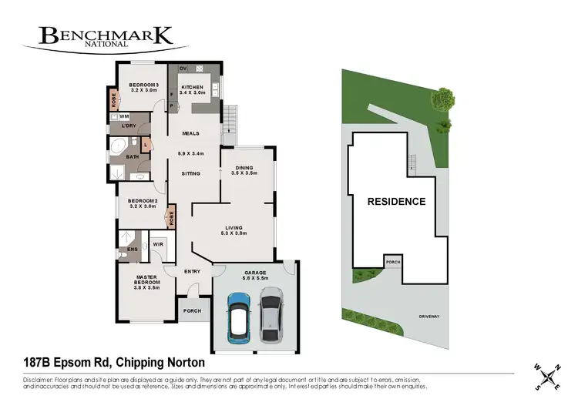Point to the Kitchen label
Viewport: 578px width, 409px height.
(x=192, y=88)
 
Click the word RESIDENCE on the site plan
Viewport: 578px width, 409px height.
(x=396, y=202)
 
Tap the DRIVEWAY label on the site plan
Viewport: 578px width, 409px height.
(x=429, y=316)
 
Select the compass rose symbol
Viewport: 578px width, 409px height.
(x=549, y=376)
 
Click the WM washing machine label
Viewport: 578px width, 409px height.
(x=123, y=116)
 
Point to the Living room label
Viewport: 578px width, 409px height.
(x=234, y=228)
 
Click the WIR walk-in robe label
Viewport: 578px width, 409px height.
(x=157, y=244)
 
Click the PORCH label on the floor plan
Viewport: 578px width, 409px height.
(x=192, y=311)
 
